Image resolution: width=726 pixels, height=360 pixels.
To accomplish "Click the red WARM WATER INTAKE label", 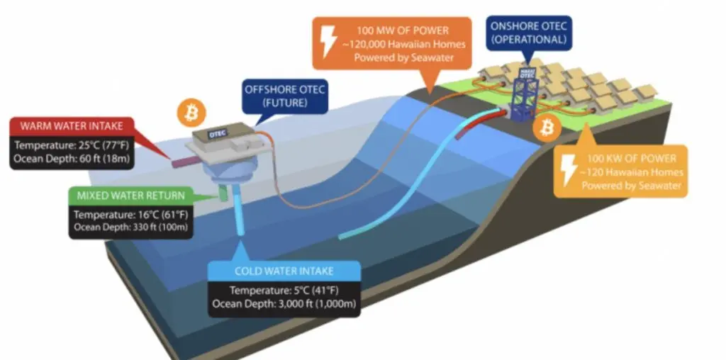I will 72,126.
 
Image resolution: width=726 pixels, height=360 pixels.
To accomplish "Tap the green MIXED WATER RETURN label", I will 130,196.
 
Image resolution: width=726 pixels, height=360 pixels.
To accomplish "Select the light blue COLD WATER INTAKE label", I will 284,271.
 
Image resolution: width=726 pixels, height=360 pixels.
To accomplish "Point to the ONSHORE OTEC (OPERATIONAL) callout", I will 528,33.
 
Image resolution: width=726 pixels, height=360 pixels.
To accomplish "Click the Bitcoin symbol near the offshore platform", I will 191,112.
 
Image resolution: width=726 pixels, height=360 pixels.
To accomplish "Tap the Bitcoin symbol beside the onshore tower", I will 547,127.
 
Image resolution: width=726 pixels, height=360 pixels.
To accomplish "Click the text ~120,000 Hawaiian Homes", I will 401,45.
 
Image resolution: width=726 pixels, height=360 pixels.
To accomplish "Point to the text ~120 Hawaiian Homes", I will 632,171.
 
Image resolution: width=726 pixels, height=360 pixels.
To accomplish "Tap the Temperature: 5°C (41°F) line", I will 284,291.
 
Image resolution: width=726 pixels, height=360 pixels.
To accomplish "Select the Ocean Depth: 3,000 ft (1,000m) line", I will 284,304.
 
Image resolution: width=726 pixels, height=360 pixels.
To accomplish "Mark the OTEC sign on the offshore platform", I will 217,133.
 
